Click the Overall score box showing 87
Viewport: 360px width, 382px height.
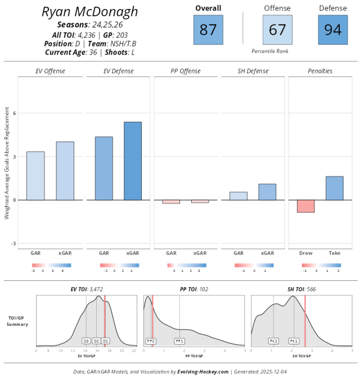point(208,30)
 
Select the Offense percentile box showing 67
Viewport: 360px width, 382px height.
point(277,30)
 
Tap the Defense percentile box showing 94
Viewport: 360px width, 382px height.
point(332,30)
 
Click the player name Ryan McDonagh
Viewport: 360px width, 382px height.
point(90,12)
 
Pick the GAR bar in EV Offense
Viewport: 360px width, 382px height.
point(35,175)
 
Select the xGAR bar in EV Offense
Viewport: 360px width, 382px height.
point(65,171)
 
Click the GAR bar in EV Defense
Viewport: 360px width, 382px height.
point(103,168)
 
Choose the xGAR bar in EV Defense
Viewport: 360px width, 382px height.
point(133,161)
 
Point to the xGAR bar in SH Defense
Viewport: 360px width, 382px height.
point(267,192)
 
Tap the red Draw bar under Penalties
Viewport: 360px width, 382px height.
point(305,206)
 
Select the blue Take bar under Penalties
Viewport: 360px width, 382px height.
point(334,188)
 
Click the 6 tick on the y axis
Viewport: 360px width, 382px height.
point(15,113)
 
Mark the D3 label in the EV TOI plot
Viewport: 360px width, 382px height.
point(86,341)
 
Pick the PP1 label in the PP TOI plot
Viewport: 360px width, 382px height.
point(180,341)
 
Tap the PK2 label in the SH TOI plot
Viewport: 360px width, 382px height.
point(273,341)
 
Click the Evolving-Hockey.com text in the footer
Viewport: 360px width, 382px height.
point(203,371)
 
